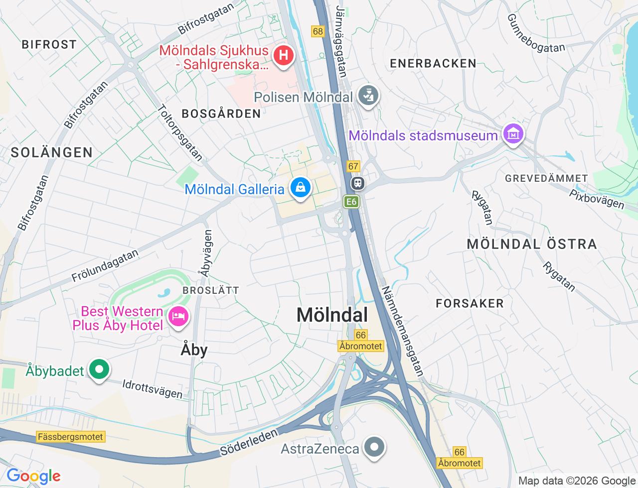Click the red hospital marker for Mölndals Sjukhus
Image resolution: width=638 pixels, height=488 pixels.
coord(284,54)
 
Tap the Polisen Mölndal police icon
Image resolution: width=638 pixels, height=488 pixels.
coord(368,96)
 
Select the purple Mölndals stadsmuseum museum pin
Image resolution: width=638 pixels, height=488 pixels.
coord(513,134)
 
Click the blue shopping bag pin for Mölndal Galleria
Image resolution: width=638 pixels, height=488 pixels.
coord(301,188)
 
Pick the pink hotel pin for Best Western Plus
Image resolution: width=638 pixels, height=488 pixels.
coord(178,316)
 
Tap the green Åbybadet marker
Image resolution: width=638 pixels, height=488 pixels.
coord(99,369)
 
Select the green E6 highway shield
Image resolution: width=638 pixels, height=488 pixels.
coord(351,201)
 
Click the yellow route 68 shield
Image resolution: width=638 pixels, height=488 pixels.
coord(318,31)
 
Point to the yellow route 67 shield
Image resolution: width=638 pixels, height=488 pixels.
coord(353,166)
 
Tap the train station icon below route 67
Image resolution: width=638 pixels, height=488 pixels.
coord(357,183)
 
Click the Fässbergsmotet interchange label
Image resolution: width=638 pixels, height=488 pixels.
coord(71,437)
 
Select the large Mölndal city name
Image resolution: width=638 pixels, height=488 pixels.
coord(332,315)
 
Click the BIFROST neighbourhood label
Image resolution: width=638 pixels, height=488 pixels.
coord(49,44)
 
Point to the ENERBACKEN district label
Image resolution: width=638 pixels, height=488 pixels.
coord(433,63)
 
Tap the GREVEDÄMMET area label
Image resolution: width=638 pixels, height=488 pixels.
coord(546,178)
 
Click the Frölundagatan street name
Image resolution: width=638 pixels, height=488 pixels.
coord(105,266)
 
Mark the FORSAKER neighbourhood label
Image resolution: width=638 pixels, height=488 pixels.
coord(470,303)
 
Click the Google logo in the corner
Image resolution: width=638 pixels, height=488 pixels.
coord(33,476)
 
